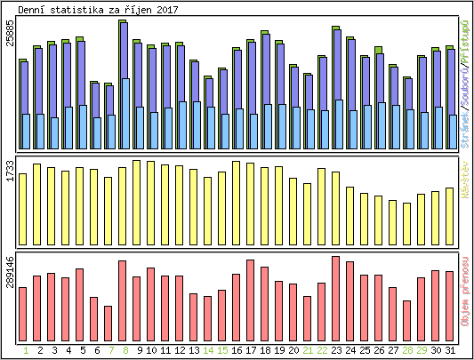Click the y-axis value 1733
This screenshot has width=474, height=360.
click(10, 171)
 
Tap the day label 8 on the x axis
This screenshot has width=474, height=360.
click(123, 350)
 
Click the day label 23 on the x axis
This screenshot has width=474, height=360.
click(336, 350)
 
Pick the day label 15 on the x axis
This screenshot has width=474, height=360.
click(222, 350)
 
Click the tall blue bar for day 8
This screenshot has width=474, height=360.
click(123, 84)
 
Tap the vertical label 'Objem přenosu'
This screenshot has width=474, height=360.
click(465, 294)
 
